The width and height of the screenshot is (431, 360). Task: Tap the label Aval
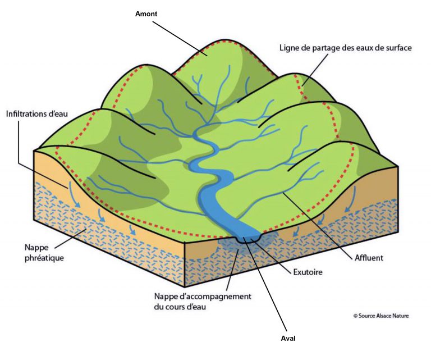coord(288,339)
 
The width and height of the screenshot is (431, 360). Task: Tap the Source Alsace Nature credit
coord(381,316)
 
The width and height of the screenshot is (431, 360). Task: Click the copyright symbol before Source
coord(355,316)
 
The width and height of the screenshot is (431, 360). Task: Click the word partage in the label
coord(328,48)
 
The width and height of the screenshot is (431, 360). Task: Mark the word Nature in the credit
coord(399,316)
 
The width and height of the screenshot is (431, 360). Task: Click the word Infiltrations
coord(27,114)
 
